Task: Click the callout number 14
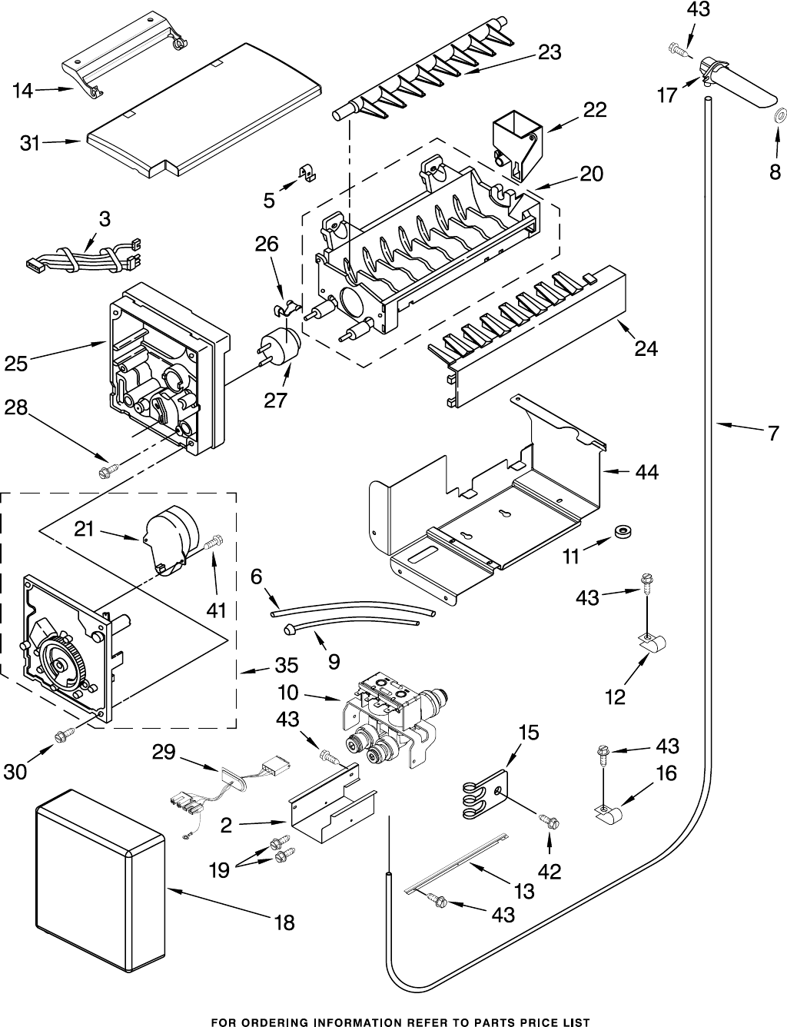coord(22,91)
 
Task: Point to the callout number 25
coord(16,364)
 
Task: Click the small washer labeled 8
coord(778,116)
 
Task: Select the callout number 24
coord(646,348)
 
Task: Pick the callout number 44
coord(646,473)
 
